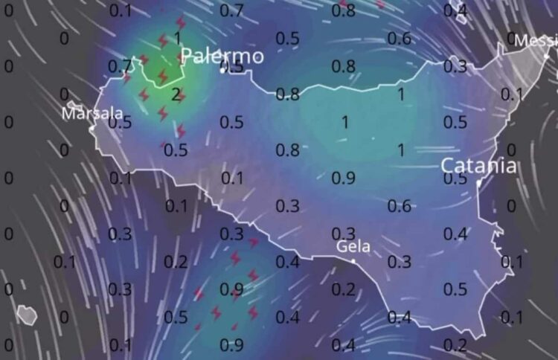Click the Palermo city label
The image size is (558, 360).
pos(222,56)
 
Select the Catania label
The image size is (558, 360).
pos(478,165)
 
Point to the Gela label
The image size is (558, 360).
pos(353,246)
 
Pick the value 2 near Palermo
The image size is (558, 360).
pos(176,94)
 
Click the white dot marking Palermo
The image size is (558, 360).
pos(222,70)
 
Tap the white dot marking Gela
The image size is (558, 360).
pos(354,260)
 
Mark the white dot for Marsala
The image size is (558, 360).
pos(92,128)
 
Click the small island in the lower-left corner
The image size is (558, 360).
pos(27,315)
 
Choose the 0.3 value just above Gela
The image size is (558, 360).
pos(343,234)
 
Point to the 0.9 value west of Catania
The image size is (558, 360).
pos(343,178)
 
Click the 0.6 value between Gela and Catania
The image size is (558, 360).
pos(400,206)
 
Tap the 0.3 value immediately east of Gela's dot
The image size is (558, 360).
pos(400,262)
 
